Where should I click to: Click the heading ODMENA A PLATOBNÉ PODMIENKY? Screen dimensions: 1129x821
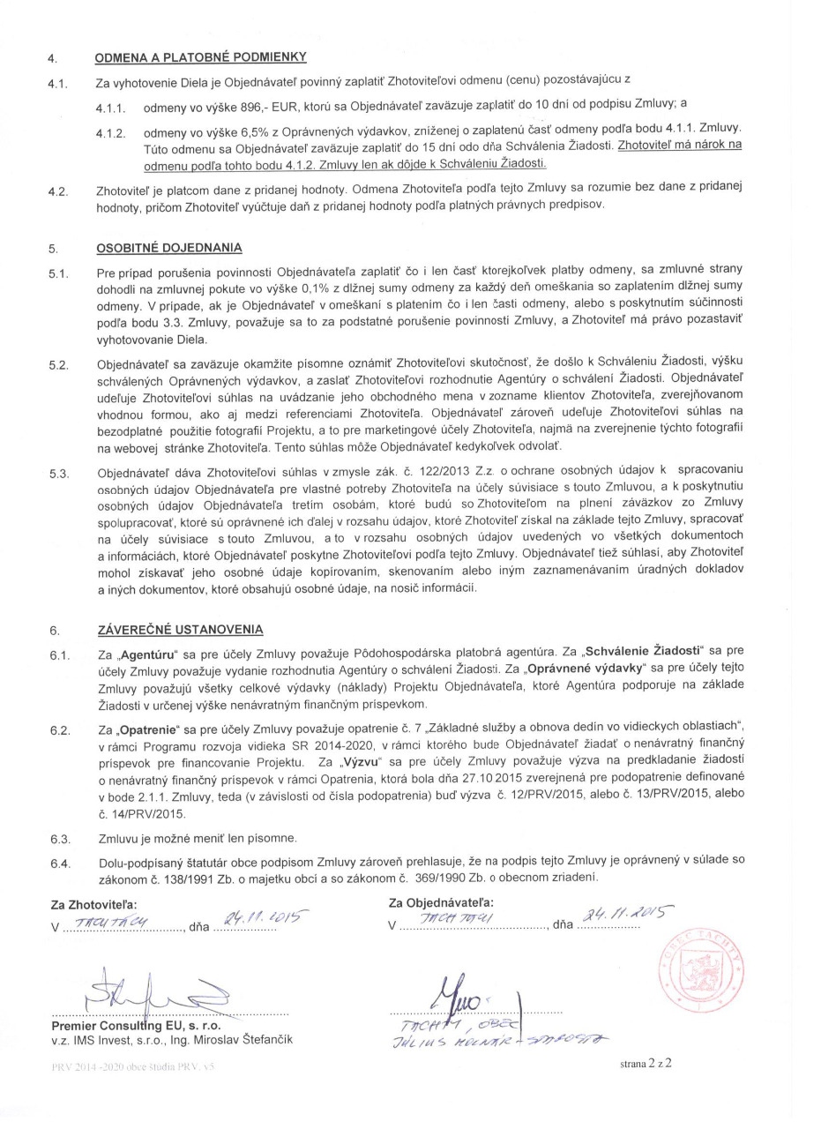[x=200, y=59]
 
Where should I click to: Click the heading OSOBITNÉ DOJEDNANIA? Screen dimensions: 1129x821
[x=168, y=248]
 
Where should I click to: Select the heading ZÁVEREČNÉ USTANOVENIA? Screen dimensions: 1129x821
[x=179, y=630]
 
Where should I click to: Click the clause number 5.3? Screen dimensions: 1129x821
[x=59, y=475]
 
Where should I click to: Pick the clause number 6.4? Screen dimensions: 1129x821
[x=59, y=862]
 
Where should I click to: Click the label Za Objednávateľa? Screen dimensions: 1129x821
[x=441, y=901]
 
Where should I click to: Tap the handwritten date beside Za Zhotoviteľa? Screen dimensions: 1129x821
[x=252, y=917]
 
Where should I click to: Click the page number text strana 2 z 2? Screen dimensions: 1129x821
[x=646, y=1064]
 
